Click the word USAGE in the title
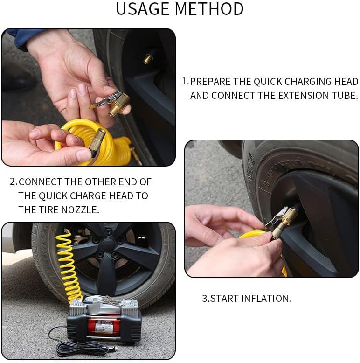click(x=143, y=9)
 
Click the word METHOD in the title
click(x=209, y=9)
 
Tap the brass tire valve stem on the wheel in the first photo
click(x=147, y=59)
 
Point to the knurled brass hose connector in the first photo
click(x=97, y=142)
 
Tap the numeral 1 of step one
click(x=184, y=82)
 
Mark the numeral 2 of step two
click(x=13, y=182)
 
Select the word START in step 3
click(x=224, y=299)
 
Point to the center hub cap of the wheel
click(x=108, y=246)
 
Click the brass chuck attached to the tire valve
click(x=284, y=222)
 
